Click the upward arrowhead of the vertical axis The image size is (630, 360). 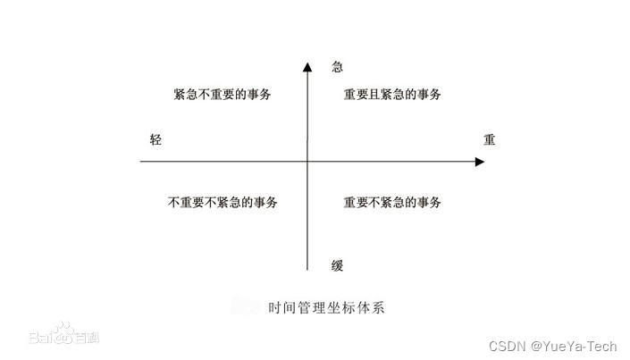pyautogui.click(x=307, y=67)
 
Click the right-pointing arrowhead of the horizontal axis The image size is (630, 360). pyautogui.click(x=479, y=162)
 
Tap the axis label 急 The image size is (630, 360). pyautogui.click(x=337, y=67)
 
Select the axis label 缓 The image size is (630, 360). pyautogui.click(x=337, y=265)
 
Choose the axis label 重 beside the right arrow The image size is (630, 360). pyautogui.click(x=489, y=140)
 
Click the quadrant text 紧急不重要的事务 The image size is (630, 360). pyautogui.click(x=223, y=94)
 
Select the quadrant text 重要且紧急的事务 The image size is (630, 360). pyautogui.click(x=391, y=94)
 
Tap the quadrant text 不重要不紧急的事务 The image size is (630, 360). pyautogui.click(x=223, y=202)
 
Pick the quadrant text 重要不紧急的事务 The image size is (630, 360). pyautogui.click(x=391, y=202)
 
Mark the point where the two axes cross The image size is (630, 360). pyautogui.click(x=307, y=162)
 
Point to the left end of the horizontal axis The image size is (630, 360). pyautogui.click(x=141, y=162)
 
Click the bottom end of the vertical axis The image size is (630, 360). pyautogui.click(x=307, y=269)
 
